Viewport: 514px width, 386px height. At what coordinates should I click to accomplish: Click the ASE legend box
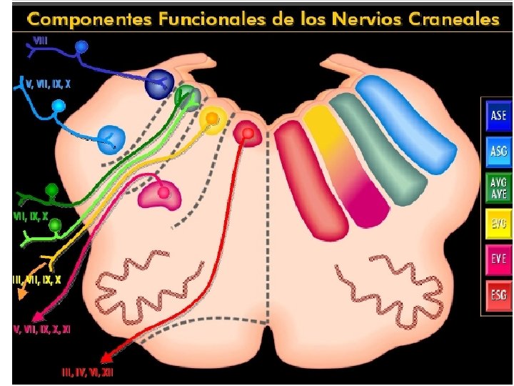[498, 115]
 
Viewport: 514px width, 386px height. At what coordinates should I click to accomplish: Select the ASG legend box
[498, 151]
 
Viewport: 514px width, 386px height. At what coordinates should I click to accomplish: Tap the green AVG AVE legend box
[498, 187]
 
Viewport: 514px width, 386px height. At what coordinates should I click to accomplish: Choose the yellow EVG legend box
[498, 224]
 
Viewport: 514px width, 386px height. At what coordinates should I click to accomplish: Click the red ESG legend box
[498, 295]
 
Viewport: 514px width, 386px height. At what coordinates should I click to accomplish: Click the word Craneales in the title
[454, 19]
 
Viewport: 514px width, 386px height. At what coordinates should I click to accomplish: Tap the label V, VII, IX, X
[48, 84]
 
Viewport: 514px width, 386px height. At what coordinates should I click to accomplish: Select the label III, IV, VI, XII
[87, 372]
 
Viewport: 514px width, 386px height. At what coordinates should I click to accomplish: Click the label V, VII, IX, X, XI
[51, 330]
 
